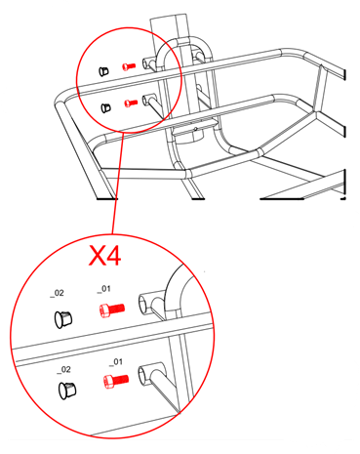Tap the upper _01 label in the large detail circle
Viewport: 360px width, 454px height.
(x=106, y=290)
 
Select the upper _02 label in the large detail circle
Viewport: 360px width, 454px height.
(x=60, y=291)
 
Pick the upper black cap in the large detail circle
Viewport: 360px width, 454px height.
(x=62, y=315)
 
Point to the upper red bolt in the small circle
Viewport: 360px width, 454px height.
(x=128, y=66)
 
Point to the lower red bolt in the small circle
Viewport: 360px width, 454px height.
(x=129, y=102)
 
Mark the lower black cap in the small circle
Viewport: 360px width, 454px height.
(x=106, y=104)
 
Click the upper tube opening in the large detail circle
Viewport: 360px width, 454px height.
(x=149, y=302)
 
